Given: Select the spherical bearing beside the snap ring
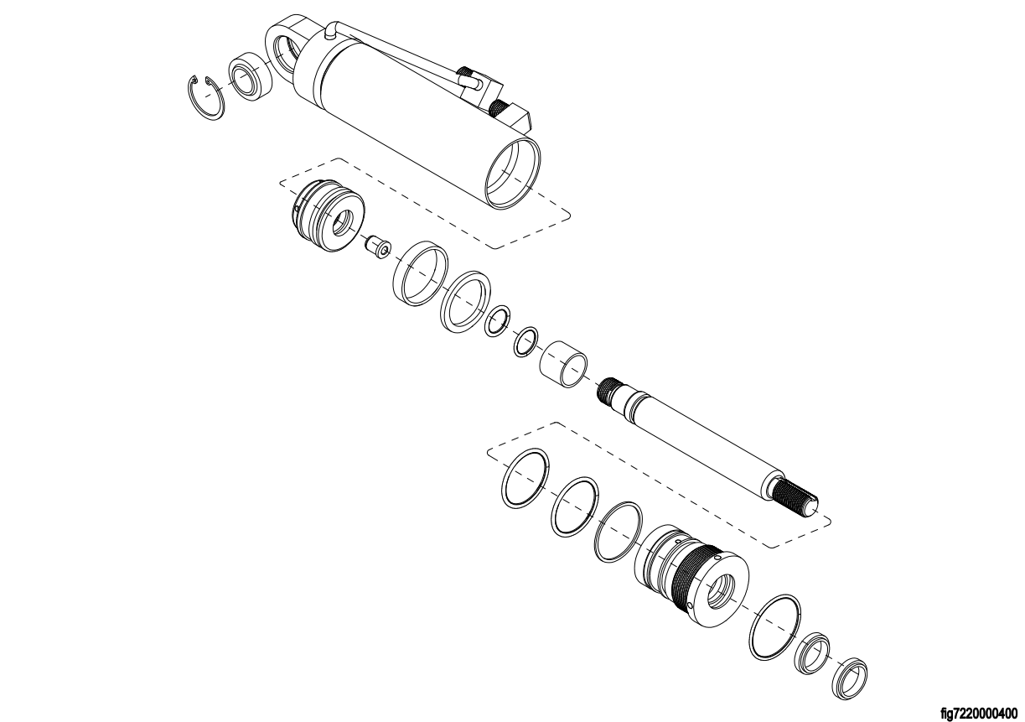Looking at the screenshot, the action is click(250, 77).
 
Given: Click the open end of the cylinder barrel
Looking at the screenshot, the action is click(513, 173).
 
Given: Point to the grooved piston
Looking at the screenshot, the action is click(328, 214).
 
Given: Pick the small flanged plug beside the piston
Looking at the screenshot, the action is click(377, 247).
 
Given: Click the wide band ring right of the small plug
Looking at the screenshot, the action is click(420, 273).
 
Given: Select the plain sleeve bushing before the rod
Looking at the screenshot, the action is click(564, 364).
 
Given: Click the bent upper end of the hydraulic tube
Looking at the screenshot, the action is click(331, 31).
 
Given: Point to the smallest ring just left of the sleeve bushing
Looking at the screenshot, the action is click(525, 341).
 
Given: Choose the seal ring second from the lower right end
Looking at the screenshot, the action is click(813, 652).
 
